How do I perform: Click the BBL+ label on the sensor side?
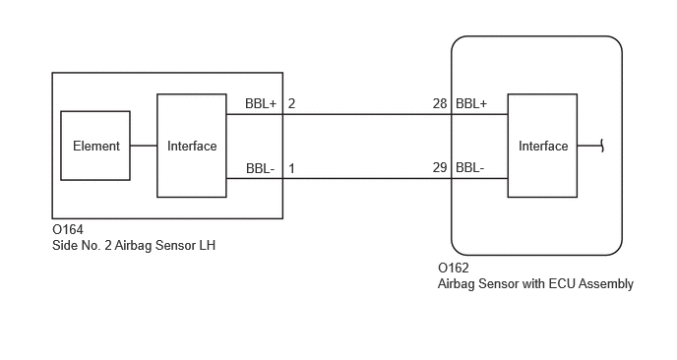[x=261, y=103]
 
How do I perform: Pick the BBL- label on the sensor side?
[x=261, y=168]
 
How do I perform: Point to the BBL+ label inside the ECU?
[x=471, y=103]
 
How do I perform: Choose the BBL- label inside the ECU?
[x=470, y=167]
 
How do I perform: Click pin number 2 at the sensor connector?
[x=291, y=103]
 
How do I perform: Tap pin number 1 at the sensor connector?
[x=292, y=168]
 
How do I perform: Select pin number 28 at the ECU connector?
[x=440, y=103]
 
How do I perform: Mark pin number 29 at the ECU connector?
[x=440, y=167]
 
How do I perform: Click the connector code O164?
[x=68, y=229]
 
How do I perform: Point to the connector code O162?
[x=454, y=269]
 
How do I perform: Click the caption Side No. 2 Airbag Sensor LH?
[x=134, y=245]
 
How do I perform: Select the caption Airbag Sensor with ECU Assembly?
[x=535, y=283]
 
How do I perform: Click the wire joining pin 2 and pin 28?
[x=367, y=114]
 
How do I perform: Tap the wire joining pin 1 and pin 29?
[x=367, y=178]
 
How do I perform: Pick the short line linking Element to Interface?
[x=144, y=146]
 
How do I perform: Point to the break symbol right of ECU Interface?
[x=602, y=146]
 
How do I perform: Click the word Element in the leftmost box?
[x=96, y=146]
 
